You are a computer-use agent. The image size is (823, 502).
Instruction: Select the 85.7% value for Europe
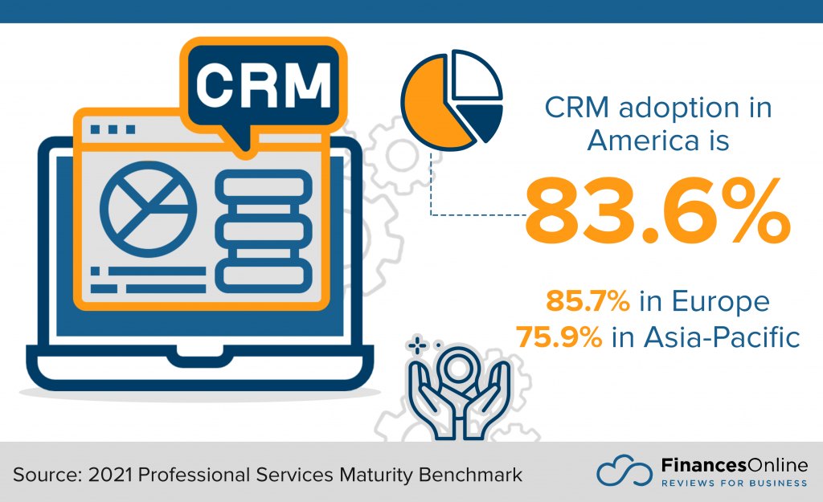pyautogui.click(x=588, y=301)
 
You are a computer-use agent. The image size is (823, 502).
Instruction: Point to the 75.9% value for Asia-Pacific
pyautogui.click(x=559, y=337)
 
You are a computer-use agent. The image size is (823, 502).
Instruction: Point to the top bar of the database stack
pyautogui.click(x=263, y=187)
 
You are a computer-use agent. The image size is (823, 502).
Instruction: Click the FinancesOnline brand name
pyautogui.click(x=733, y=465)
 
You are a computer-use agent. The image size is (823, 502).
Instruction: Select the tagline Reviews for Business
pyautogui.click(x=733, y=484)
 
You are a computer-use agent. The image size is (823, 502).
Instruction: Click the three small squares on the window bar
pyautogui.click(x=113, y=129)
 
